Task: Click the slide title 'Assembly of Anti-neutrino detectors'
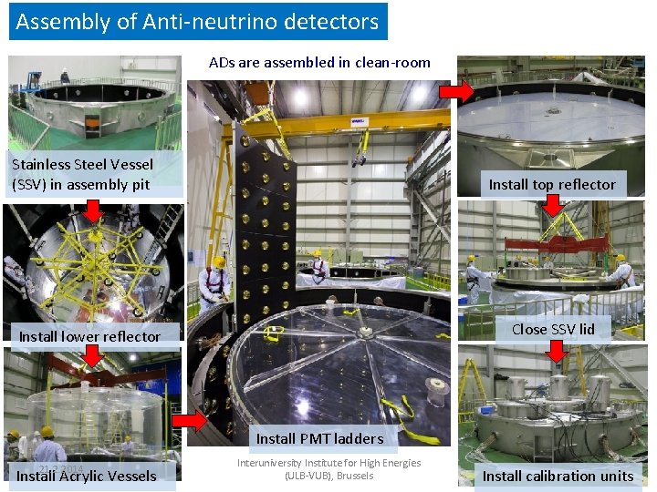197,22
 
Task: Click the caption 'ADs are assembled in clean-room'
319,63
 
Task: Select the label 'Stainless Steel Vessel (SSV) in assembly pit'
82,174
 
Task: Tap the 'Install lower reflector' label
89,336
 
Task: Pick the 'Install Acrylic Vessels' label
87,476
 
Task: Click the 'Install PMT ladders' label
319,438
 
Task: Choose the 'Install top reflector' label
552,184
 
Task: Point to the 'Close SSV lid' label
553,329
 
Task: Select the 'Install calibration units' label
558,476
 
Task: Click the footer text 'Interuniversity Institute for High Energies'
329,463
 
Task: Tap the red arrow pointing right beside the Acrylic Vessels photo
190,421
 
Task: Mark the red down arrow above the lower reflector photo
92,210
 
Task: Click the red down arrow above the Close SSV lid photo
552,206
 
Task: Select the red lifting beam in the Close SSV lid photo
547,243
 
